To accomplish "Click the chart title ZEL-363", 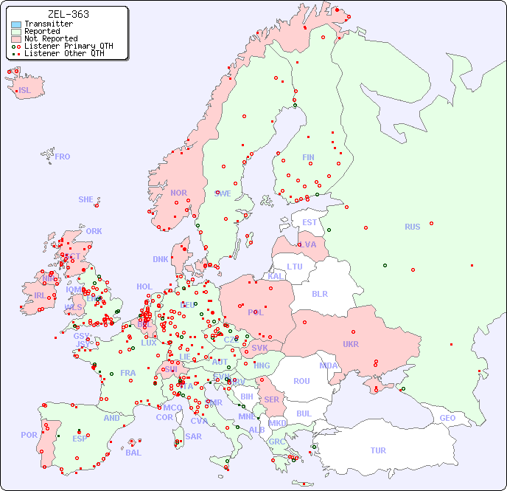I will pos(68,14).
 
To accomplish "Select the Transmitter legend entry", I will pos(48,24).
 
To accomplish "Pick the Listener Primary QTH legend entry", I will pos(69,46).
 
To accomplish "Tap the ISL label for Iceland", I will pos(25,91).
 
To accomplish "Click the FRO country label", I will pos(62,157).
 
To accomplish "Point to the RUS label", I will pos(412,227).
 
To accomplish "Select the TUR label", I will pos(378,450).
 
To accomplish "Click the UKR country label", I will pos(351,344).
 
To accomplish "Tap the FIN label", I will pos(308,157).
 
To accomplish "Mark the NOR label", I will pos(178,193).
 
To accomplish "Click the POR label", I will pos(29,435).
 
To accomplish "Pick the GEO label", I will pos(447,418).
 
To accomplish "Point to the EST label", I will pos(310,222).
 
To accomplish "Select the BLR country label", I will pos(320,293).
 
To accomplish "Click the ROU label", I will pos(301,381).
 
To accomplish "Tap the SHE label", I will pos(86,199).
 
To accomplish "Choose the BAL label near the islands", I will pos(133,453).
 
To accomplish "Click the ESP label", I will pos(80,438).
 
